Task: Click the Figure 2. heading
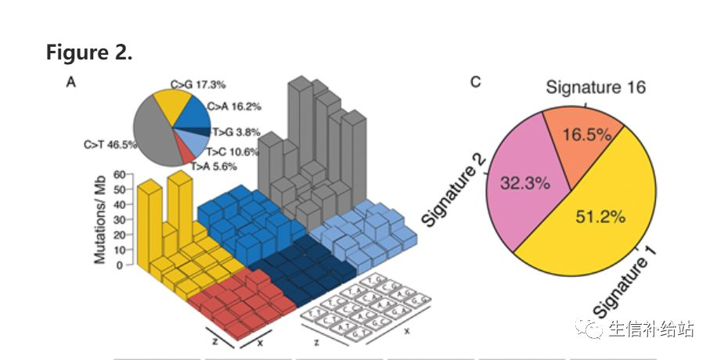(x=89, y=52)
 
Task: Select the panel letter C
(x=475, y=82)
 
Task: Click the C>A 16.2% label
(x=234, y=106)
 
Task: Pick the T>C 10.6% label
(x=232, y=152)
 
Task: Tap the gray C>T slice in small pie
(x=153, y=133)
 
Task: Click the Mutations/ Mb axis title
(x=100, y=218)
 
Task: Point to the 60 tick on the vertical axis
(x=119, y=175)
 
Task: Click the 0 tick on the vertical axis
(x=121, y=265)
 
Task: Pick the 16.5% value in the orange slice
(x=585, y=135)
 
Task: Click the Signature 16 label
(x=595, y=87)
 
